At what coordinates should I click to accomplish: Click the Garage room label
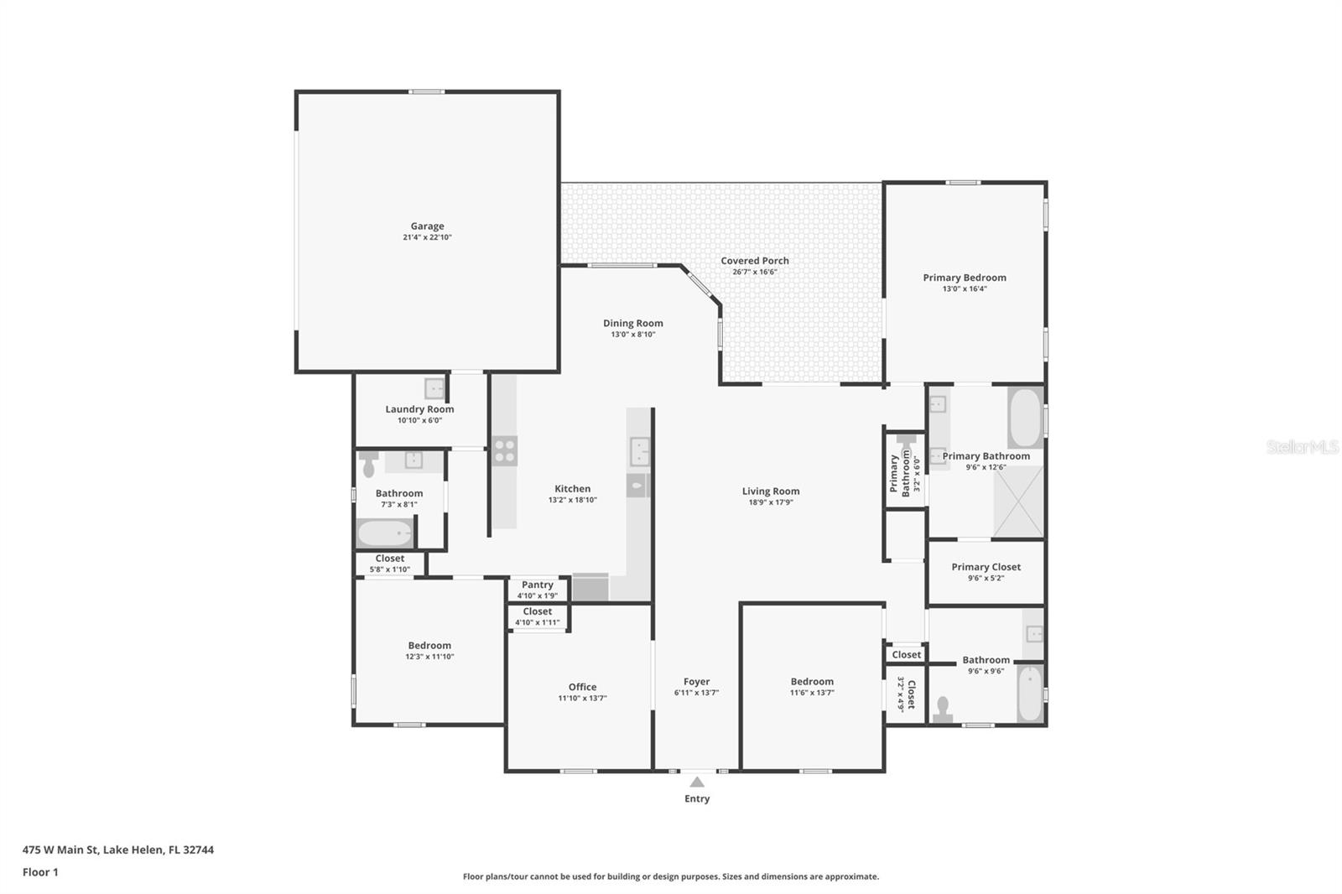coord(427,226)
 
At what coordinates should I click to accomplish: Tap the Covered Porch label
coord(754,261)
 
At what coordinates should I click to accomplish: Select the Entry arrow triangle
coord(697,782)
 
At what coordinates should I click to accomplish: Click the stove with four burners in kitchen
coord(504,451)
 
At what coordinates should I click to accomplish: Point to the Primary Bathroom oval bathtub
coord(1024,418)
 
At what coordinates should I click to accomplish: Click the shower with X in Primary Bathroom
coord(1018,502)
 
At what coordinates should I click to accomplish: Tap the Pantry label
coord(537,585)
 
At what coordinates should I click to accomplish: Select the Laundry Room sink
coord(434,388)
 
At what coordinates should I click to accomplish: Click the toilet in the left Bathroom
coord(369,464)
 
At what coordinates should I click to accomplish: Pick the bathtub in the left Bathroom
coord(385,533)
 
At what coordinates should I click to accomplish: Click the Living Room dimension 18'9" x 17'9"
coord(770,502)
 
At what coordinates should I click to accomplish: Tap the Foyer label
coord(696,682)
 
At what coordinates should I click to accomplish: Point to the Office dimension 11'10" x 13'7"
coord(582,698)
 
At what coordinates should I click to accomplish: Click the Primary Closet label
coord(986,567)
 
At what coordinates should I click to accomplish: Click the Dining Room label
coord(632,323)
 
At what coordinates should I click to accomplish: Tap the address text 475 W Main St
coord(117,850)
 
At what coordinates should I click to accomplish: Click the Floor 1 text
coord(40,872)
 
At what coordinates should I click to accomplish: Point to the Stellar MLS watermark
coord(1302,447)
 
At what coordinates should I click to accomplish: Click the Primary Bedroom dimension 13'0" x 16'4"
coord(965,288)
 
